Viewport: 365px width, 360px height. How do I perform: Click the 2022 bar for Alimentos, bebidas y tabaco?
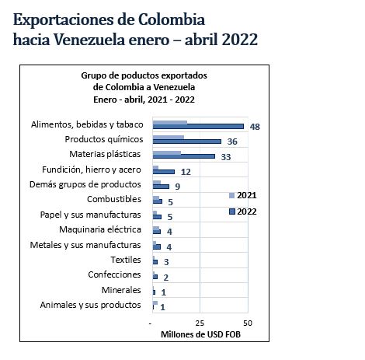(198, 126)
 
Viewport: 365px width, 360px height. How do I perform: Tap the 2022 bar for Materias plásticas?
(184, 156)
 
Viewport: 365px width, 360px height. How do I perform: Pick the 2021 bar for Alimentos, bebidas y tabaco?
(170, 122)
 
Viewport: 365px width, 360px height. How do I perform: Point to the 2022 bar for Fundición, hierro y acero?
(164, 171)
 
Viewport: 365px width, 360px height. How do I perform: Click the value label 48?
(255, 126)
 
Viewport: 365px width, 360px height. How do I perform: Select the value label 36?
(232, 142)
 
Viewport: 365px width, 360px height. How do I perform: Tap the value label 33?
(226, 156)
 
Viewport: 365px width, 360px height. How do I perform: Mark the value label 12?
(186, 171)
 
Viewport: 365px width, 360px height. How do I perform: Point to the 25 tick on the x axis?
(200, 322)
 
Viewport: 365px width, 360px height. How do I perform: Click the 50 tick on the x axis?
(248, 322)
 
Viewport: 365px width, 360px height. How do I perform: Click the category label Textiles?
(126, 260)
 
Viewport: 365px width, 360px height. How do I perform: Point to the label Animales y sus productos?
(91, 305)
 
